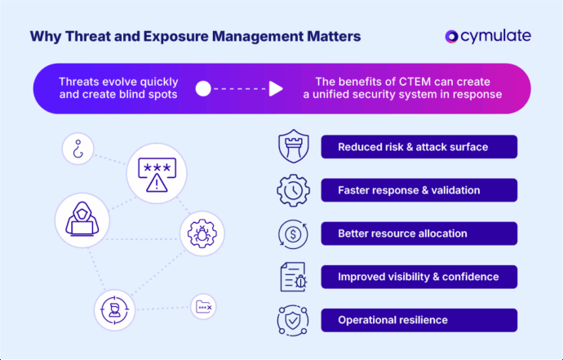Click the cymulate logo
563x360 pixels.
click(x=488, y=36)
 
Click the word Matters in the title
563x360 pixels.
click(x=327, y=37)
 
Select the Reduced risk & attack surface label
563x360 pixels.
click(x=419, y=147)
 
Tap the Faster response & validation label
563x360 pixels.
click(x=419, y=190)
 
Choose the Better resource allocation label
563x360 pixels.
click(x=419, y=233)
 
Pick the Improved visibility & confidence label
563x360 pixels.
click(x=419, y=277)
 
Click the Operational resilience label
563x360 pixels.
click(x=419, y=320)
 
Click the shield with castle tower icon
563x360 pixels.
click(x=292, y=147)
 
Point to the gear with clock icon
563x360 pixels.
click(x=292, y=190)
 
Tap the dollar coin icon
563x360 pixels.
click(x=292, y=233)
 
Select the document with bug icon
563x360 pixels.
click(x=292, y=277)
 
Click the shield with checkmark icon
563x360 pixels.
click(x=292, y=320)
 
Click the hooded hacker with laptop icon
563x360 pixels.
click(x=82, y=220)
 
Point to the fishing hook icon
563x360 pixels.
click(x=78, y=149)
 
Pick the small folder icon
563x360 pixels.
click(x=203, y=307)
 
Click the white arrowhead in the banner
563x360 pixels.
click(x=276, y=88)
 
